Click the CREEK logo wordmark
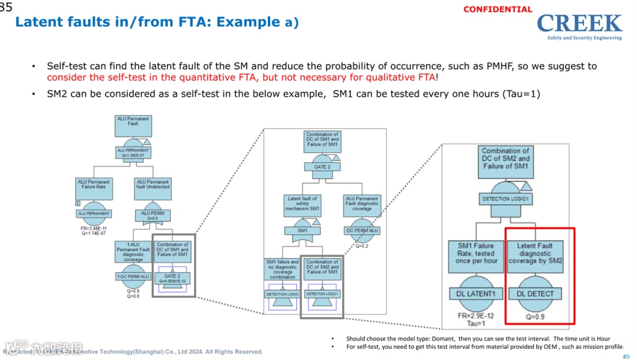579,24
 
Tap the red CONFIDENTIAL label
497,9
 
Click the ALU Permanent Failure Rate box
94,188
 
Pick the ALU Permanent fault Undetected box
153,188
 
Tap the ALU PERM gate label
153,214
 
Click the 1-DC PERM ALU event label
133,276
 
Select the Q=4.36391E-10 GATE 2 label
172,278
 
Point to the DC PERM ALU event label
362,231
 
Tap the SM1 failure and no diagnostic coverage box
283,269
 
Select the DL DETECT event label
535,293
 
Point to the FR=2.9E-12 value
475,316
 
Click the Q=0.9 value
535,316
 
